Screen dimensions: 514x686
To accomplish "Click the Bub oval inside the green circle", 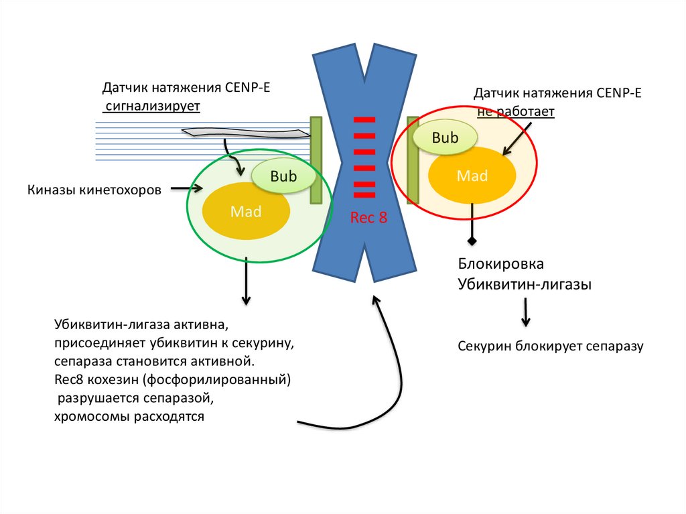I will click(283, 176).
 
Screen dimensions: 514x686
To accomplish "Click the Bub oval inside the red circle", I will click(445, 138).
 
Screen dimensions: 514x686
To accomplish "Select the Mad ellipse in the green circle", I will click(246, 211).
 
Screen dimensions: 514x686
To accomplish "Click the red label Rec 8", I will click(368, 218).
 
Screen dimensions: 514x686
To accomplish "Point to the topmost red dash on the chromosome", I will click(364, 120).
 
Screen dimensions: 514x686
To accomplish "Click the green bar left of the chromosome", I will click(316, 160).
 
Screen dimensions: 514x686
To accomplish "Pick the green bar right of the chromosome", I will click(413, 160).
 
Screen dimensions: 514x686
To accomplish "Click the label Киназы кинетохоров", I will click(94, 190).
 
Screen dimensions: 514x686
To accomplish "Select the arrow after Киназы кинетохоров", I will click(186, 190).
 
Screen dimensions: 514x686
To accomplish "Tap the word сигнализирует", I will click(151, 106).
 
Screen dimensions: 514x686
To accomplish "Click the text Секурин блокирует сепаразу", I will click(550, 346).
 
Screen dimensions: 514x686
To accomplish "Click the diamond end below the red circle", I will click(472, 240).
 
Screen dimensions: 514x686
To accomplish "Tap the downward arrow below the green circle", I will click(247, 281).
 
